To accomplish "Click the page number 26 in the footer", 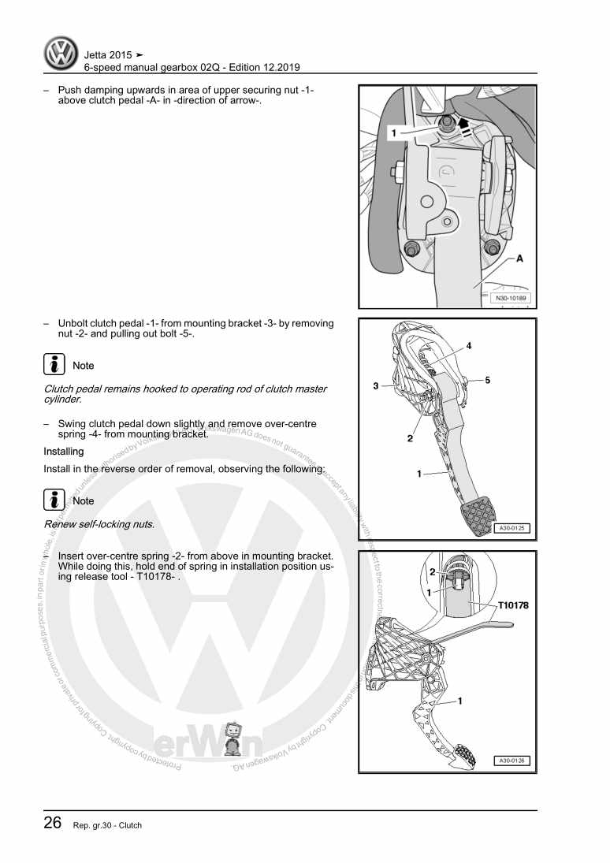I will click(x=52, y=823).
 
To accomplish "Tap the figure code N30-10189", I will click(x=511, y=299).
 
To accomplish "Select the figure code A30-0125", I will click(x=511, y=528).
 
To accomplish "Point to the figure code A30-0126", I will click(x=511, y=761).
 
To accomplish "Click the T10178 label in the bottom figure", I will click(x=513, y=605).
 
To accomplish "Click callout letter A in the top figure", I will click(x=520, y=259).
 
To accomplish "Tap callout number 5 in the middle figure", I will click(x=488, y=380).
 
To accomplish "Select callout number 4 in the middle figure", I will click(x=468, y=346).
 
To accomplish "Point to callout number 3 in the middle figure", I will click(x=377, y=386).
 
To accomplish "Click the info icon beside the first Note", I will click(x=54, y=365).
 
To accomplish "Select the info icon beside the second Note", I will click(x=54, y=500).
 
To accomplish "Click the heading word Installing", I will click(x=64, y=452).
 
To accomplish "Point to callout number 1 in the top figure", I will click(x=393, y=135).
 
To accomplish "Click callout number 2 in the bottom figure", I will click(x=432, y=571).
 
